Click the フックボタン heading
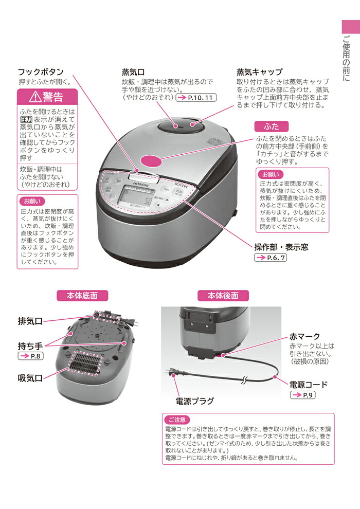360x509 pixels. tap(41, 72)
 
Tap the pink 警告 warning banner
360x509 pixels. tap(47, 96)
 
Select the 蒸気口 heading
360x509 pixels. tap(133, 72)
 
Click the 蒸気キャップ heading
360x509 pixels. tap(259, 72)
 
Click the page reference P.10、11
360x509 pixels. tap(196, 98)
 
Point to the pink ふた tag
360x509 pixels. tap(272, 126)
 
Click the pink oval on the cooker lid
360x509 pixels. tap(154, 161)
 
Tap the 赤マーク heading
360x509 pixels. tap(304, 336)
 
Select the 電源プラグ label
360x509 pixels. tap(195, 401)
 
